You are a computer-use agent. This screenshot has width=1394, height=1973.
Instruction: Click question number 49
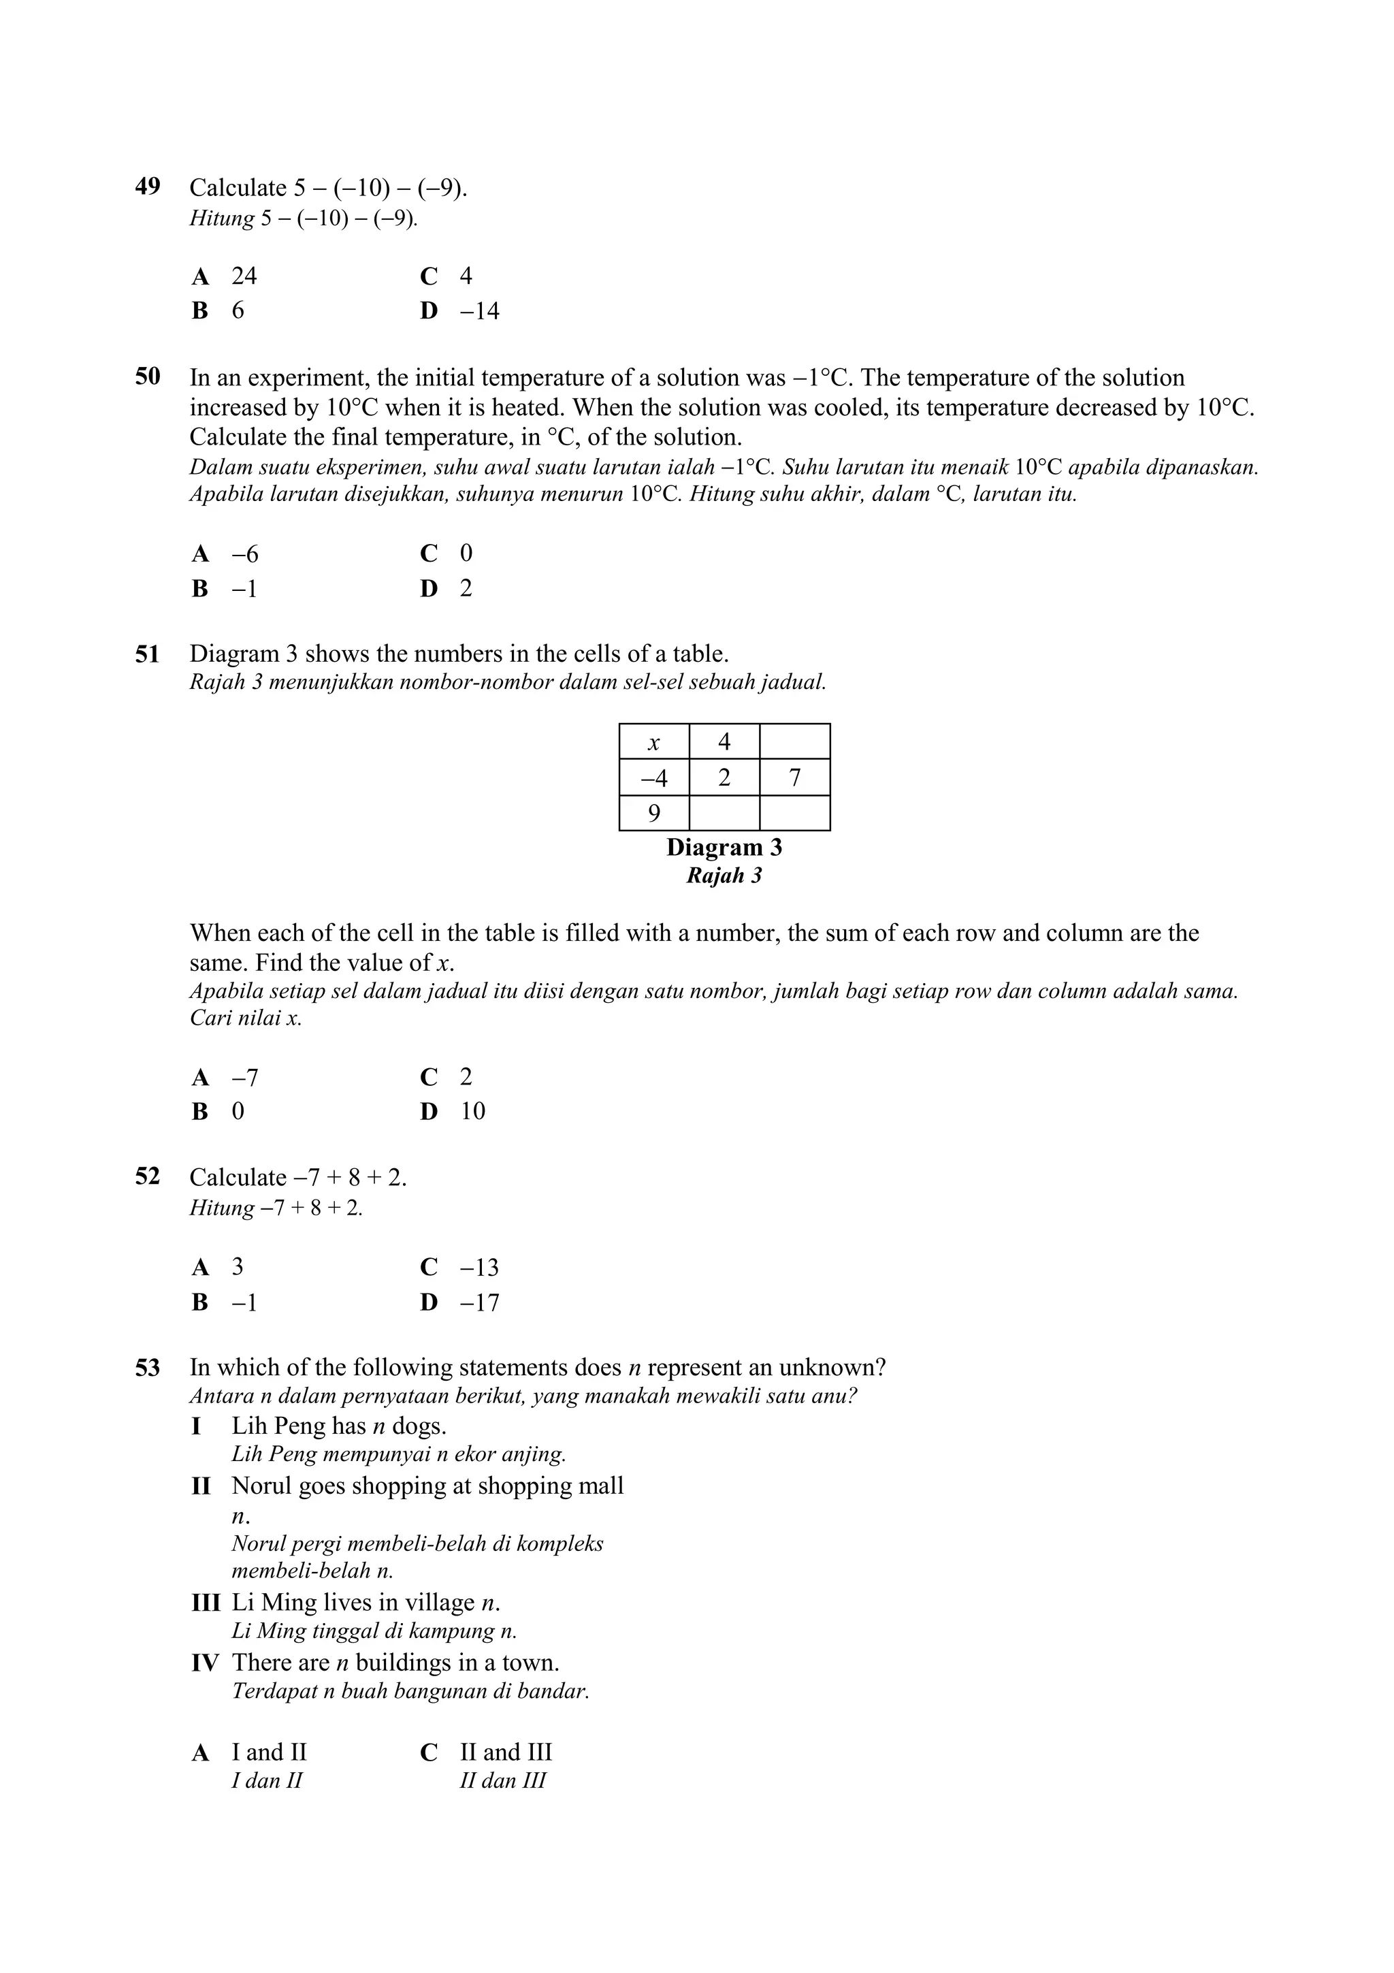(x=148, y=187)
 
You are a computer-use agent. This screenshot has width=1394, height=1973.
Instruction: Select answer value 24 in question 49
(x=244, y=276)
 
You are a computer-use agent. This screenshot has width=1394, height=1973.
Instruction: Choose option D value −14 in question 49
(x=479, y=311)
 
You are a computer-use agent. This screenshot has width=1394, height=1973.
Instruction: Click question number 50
(x=148, y=376)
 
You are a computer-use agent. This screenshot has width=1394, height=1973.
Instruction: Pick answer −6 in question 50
(x=245, y=554)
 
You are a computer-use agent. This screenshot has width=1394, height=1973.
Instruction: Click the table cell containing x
(x=653, y=741)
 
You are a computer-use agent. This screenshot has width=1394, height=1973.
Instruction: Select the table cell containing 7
(x=794, y=777)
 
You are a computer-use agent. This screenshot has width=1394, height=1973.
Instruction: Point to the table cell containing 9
(x=653, y=813)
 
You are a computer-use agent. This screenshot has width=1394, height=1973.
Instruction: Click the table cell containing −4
(x=653, y=777)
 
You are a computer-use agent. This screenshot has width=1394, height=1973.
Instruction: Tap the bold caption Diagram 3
(x=724, y=848)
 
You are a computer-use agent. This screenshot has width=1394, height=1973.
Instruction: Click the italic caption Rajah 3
(x=724, y=876)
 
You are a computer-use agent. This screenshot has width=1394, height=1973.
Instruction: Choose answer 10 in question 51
(x=472, y=1111)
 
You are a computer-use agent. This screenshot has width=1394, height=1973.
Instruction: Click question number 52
(x=148, y=1176)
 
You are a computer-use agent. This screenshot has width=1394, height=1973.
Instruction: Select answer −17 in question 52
(x=479, y=1302)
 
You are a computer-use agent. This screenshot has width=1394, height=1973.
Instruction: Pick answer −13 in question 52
(x=479, y=1268)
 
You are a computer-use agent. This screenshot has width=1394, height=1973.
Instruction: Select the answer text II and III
(x=506, y=1752)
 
